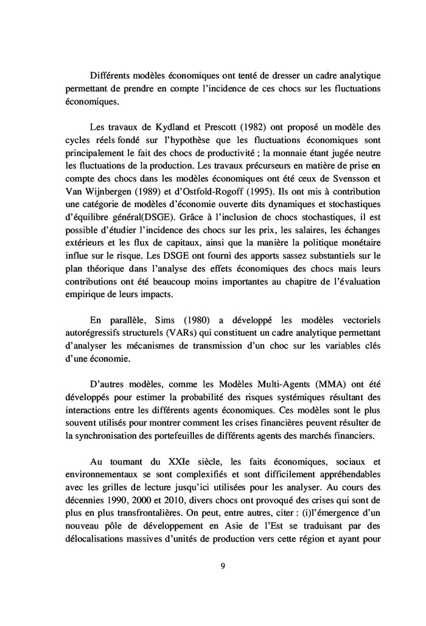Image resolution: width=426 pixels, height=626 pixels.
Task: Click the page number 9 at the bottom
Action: pos(223,566)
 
